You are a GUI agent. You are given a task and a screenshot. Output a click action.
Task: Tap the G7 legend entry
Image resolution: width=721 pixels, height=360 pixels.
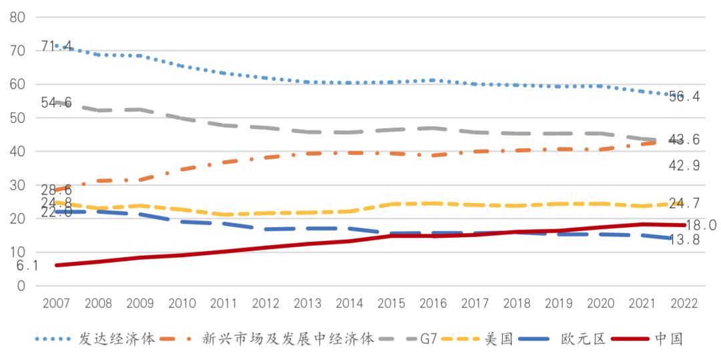click(x=429, y=339)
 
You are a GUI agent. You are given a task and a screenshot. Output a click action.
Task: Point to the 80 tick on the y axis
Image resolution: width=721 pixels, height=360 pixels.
click(x=17, y=17)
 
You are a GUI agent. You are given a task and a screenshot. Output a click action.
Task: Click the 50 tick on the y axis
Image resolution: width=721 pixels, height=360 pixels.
click(x=17, y=118)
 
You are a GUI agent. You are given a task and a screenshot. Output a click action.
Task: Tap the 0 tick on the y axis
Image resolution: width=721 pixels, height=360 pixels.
click(x=21, y=286)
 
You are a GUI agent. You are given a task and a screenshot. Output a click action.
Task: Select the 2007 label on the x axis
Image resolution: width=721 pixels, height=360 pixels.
click(x=56, y=303)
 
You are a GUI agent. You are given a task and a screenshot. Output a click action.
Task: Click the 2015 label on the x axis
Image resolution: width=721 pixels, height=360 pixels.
click(x=392, y=303)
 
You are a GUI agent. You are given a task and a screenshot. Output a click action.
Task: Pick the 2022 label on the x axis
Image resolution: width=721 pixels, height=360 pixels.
click(x=683, y=303)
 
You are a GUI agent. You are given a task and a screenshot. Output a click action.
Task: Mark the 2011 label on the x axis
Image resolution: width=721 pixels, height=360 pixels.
click(x=224, y=303)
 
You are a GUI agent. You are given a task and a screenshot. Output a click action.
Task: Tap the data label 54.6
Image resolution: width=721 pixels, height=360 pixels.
click(x=57, y=103)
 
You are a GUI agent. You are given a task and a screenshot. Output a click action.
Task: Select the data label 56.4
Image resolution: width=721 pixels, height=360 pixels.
click(x=684, y=97)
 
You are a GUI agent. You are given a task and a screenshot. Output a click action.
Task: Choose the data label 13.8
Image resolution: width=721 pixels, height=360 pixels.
click(x=684, y=240)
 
